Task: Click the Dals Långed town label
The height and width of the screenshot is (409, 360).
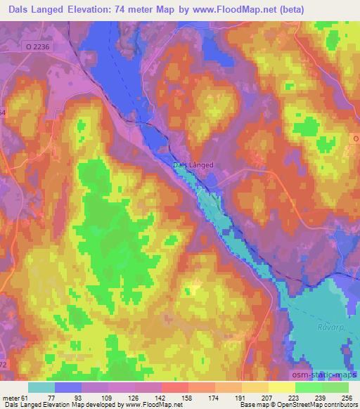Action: [x=193, y=166]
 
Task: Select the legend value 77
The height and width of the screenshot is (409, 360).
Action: [x=50, y=398]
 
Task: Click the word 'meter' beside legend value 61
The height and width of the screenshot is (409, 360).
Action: [x=11, y=398]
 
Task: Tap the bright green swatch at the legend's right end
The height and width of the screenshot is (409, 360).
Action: [x=335, y=387]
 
